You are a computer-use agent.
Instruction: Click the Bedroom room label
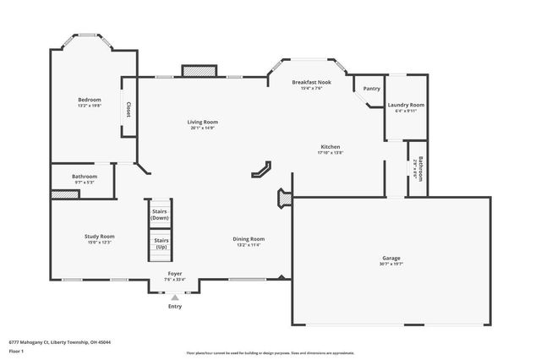click(89, 100)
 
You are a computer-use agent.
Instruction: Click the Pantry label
click(371, 89)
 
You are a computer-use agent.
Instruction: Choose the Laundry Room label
click(406, 105)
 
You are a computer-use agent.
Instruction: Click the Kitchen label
click(330, 146)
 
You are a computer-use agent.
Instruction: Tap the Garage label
click(390, 258)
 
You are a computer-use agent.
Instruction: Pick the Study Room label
click(99, 237)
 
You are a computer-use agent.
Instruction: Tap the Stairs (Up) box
click(160, 243)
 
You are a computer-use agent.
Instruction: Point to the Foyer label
click(174, 274)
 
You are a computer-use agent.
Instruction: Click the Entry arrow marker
click(175, 297)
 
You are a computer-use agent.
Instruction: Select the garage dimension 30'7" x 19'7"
click(390, 265)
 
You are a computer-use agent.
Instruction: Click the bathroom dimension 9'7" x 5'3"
click(85, 183)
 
